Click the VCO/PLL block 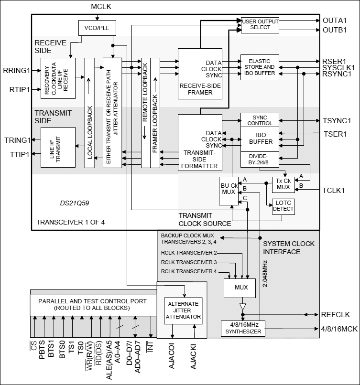[x=94, y=28]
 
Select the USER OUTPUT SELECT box [x=260, y=24]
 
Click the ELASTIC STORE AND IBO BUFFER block [x=260, y=67]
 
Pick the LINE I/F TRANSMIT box [x=58, y=147]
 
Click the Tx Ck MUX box [x=283, y=184]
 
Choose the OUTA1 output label [x=334, y=21]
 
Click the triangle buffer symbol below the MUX [x=243, y=306]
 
